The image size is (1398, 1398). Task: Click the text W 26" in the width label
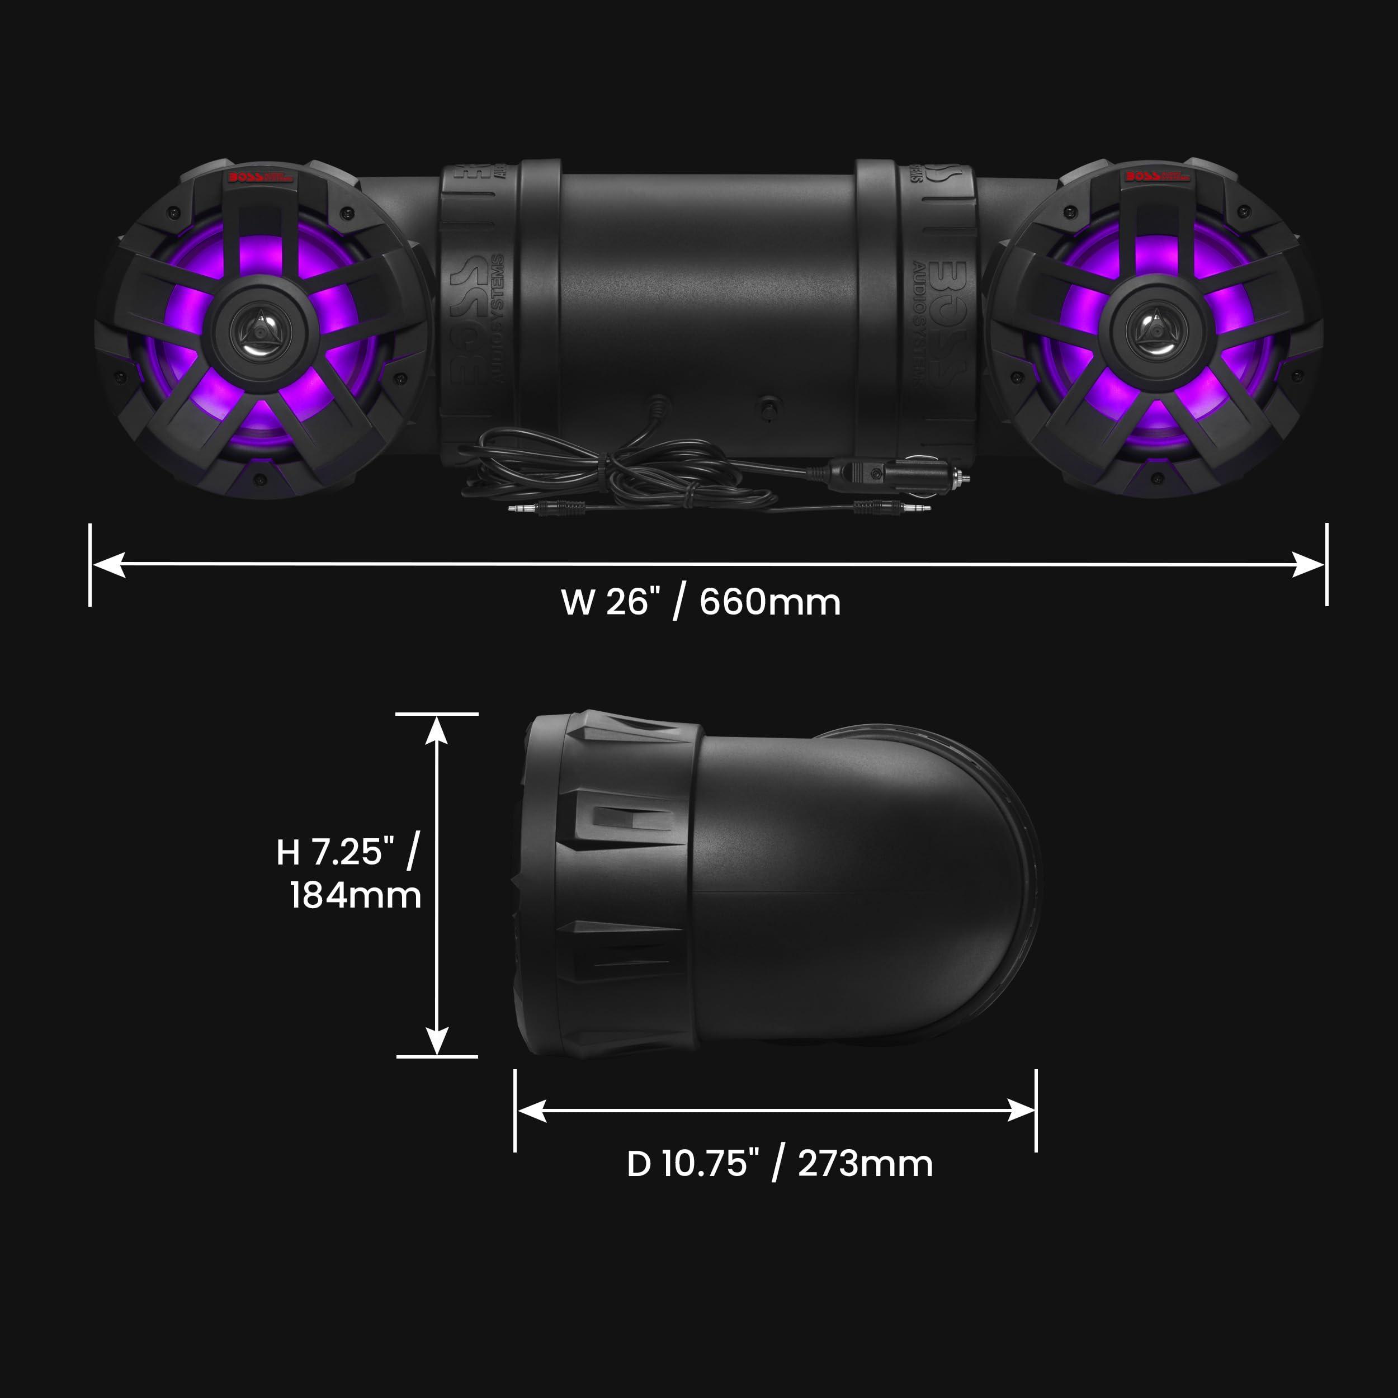[610, 602]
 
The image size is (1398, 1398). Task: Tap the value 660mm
[770, 602]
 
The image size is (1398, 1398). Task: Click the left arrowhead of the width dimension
[108, 564]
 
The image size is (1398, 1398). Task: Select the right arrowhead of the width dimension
[1309, 564]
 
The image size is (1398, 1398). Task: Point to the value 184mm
[355, 895]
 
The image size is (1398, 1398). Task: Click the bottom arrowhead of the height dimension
[436, 1041]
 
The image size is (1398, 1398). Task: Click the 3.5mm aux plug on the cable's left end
[525, 509]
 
